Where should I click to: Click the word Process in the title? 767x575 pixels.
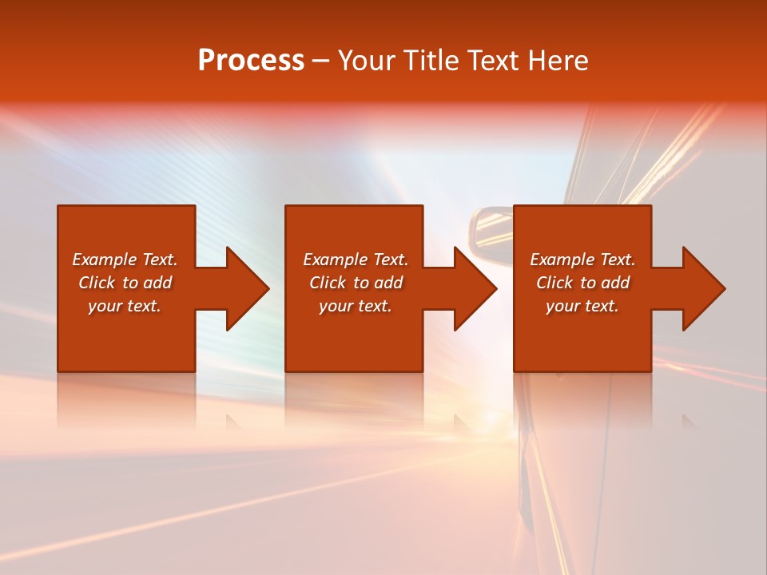[x=251, y=61]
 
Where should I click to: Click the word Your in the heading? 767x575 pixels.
[x=364, y=61]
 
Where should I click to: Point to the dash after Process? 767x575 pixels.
[x=320, y=61]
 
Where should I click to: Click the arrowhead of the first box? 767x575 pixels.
[x=244, y=288]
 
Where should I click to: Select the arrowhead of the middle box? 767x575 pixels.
[x=473, y=288]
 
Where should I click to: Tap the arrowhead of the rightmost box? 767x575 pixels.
[x=701, y=288]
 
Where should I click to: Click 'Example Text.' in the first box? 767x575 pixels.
[x=125, y=260]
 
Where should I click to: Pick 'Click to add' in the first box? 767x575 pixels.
[x=125, y=283]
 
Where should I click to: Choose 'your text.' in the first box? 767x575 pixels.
[x=125, y=306]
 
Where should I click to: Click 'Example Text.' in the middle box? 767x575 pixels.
[x=356, y=260]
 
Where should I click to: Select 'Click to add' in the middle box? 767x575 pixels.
[x=356, y=283]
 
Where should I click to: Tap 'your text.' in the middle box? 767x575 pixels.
[x=356, y=306]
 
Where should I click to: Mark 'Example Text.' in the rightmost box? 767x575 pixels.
[x=582, y=260]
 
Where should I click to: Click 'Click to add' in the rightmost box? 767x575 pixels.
[x=582, y=283]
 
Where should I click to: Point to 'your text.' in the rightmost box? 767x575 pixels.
[x=582, y=306]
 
